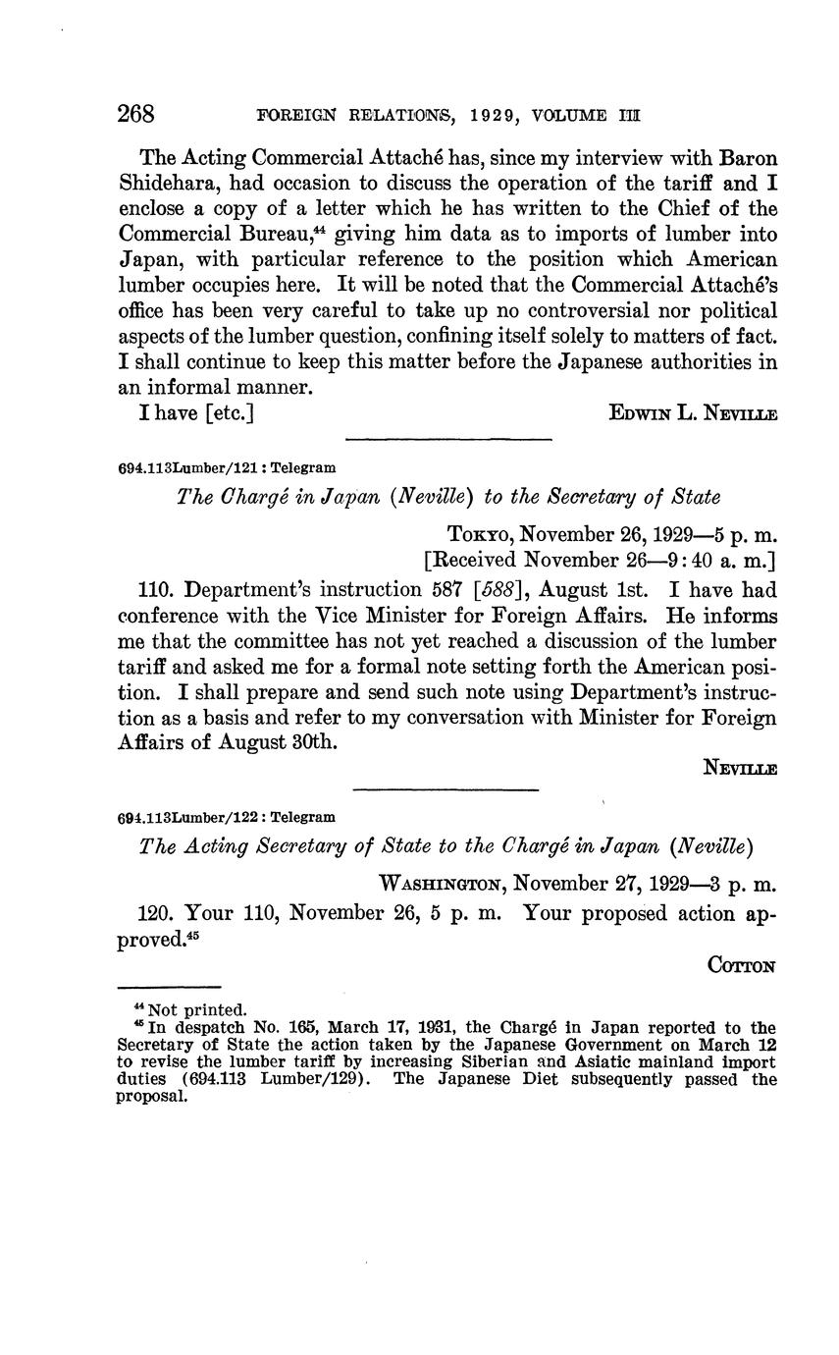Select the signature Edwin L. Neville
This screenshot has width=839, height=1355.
(x=693, y=414)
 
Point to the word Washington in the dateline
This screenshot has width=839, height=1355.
(x=442, y=884)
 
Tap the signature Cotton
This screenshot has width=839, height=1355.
(x=742, y=965)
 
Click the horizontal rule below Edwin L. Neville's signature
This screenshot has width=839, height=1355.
(x=448, y=439)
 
